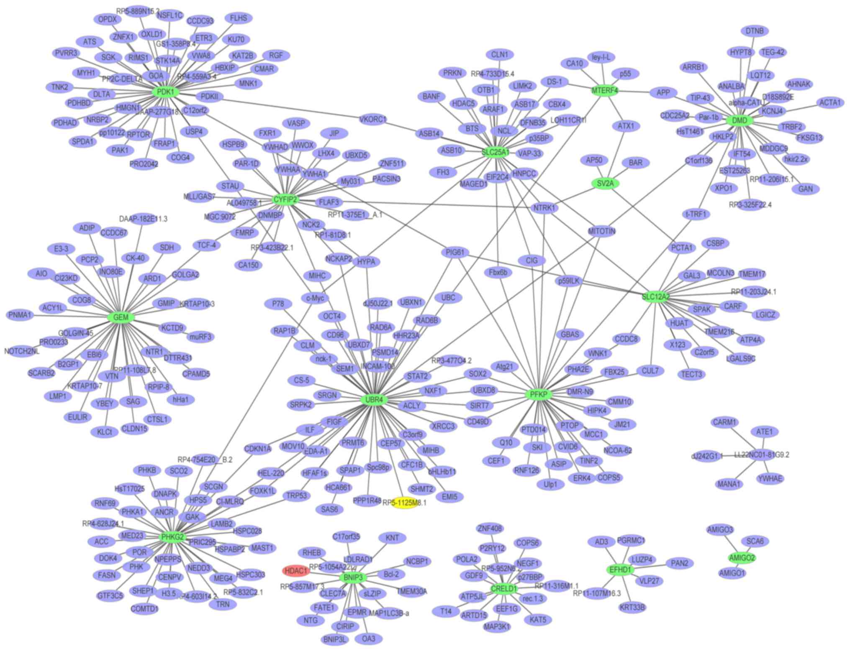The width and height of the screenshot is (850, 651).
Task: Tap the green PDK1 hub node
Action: pyautogui.click(x=166, y=92)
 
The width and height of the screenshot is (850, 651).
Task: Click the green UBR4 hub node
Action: pyautogui.click(x=374, y=400)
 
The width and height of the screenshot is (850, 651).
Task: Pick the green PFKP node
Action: pyautogui.click(x=539, y=394)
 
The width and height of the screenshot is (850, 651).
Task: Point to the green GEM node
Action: pyautogui.click(x=121, y=317)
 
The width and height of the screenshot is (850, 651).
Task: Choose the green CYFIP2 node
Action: pyautogui.click(x=285, y=199)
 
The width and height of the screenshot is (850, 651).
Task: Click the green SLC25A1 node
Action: pyautogui.click(x=496, y=152)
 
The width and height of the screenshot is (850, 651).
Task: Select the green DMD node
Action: pyautogui.click(x=740, y=121)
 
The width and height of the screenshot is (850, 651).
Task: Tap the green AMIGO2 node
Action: pyautogui.click(x=742, y=557)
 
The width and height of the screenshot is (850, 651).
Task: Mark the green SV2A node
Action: pyautogui.click(x=605, y=183)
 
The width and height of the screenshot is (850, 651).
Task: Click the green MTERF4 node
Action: pyautogui.click(x=605, y=90)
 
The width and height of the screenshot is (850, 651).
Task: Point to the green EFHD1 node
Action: pyautogui.click(x=620, y=569)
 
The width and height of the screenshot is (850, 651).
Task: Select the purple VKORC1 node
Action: pyautogui.click(x=373, y=119)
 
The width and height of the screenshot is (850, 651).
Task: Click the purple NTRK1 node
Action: pyautogui.click(x=544, y=207)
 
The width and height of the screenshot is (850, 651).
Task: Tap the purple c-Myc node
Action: pyautogui.click(x=315, y=298)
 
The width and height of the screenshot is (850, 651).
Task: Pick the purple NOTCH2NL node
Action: pyautogui.click(x=22, y=351)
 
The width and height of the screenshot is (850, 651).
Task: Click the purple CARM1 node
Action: pyautogui.click(x=724, y=422)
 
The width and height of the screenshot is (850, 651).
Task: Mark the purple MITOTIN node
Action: pyautogui.click(x=601, y=231)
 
